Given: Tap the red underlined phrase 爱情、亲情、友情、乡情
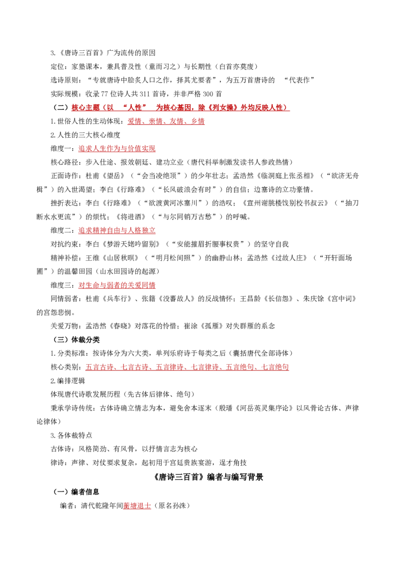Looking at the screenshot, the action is coord(166,121).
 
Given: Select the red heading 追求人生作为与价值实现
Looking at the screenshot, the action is coord(117,149).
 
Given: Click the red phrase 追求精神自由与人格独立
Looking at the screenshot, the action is coord(117,230).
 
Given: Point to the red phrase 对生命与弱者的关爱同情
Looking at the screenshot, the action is coord(117,285).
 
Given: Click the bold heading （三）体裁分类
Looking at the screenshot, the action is coord(76,340).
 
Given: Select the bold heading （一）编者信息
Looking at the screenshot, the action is coord(76,492).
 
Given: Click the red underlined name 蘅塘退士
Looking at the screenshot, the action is coord(137,505).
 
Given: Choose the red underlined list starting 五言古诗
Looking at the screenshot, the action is coord(187,367).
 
